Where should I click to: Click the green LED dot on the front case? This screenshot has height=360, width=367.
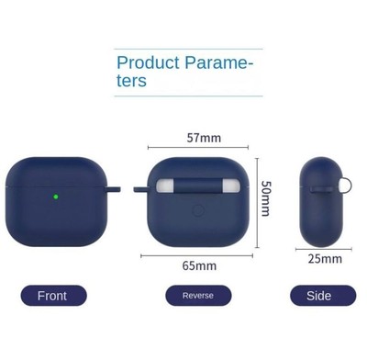click(x=56, y=196)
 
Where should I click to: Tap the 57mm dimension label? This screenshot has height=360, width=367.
click(x=204, y=139)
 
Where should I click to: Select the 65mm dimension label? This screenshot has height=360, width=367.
click(x=199, y=266)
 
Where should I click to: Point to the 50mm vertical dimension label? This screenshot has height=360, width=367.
click(x=265, y=198)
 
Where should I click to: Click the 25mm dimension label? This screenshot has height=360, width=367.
click(x=325, y=259)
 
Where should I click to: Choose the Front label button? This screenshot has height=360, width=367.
click(x=53, y=296)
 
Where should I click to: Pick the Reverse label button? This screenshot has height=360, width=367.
click(x=198, y=296)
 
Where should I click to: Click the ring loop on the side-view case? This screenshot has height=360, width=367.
click(x=346, y=187)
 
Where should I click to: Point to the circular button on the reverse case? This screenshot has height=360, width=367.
click(x=198, y=210)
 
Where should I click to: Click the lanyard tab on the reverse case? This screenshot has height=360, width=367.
click(x=140, y=191)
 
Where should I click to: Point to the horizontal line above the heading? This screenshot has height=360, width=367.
click(x=188, y=50)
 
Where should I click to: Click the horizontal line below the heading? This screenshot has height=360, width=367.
click(x=188, y=96)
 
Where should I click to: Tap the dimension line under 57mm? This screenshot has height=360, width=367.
click(x=198, y=147)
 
